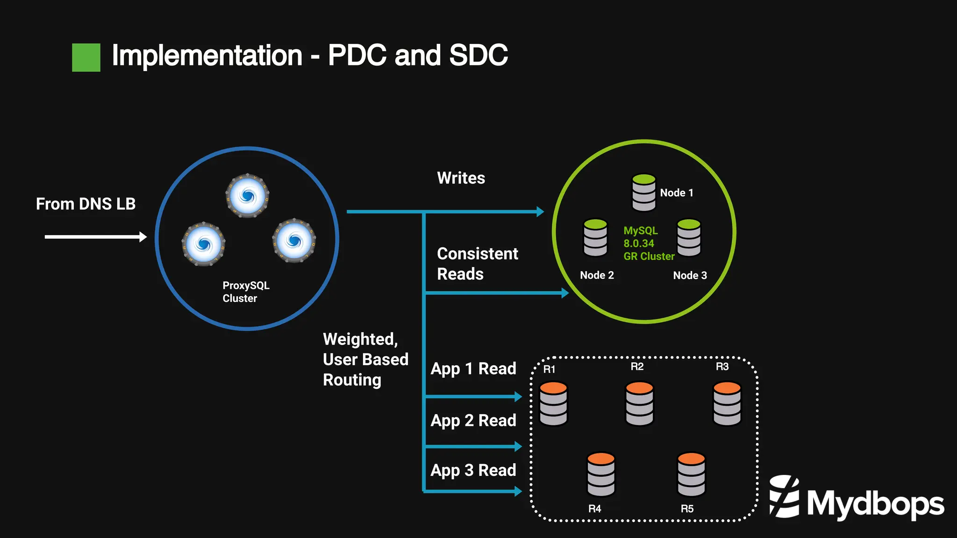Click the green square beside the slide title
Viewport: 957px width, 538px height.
coord(86,57)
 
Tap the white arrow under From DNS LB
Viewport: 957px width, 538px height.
coord(95,237)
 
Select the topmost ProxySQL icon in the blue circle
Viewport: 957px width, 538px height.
coord(248,195)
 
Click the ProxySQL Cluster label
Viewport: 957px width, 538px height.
coord(246,292)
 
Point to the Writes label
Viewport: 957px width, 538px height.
coord(461,178)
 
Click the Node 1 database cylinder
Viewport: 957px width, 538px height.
coord(643,192)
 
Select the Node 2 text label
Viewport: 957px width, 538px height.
coord(597,275)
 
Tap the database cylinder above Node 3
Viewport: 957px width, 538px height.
coord(689,237)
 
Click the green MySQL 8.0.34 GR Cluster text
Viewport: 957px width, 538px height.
coord(648,244)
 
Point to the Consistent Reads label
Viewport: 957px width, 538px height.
coord(477,264)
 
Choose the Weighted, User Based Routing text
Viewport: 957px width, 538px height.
coord(365,359)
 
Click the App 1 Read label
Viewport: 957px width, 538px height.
coord(473,369)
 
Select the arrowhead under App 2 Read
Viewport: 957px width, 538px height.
coord(518,446)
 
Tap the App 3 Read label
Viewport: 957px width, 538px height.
coord(473,470)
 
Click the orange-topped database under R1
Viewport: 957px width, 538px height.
coord(553,403)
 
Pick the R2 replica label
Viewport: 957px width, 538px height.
coord(637,366)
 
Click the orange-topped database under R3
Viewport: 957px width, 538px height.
coord(727,403)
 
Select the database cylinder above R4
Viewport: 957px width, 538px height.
coord(601,474)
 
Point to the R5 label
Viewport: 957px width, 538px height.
coord(687,509)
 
